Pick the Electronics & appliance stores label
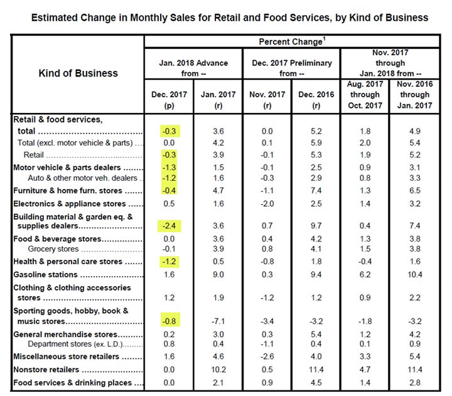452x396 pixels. point(69,204)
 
